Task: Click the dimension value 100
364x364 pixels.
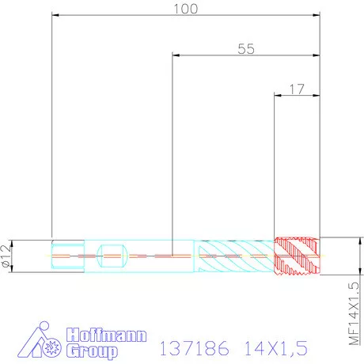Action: pyautogui.click(x=185, y=9)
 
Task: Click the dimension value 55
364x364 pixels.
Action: pyautogui.click(x=246, y=48)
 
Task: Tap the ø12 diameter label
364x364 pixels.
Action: pyautogui.click(x=7, y=256)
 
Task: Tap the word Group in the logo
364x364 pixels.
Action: pyautogui.click(x=92, y=350)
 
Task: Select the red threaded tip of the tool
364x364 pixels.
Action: pyautogui.click(x=297, y=256)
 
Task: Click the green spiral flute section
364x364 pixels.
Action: pyautogui.click(x=235, y=256)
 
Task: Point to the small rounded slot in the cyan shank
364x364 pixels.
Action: pyautogui.click(x=112, y=256)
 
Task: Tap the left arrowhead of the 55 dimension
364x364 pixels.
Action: pyautogui.click(x=176, y=55)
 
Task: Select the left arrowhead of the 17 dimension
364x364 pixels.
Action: pyautogui.click(x=278, y=95)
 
